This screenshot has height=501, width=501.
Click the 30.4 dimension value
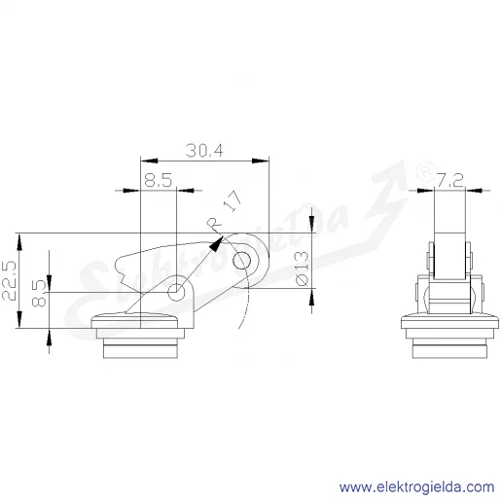coord(204,151)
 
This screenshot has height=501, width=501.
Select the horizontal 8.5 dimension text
coord(159,180)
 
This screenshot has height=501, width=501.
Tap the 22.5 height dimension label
coord(9,280)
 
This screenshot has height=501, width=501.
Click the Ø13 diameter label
coord(303,268)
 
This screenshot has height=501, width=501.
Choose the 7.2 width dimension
coord(450,180)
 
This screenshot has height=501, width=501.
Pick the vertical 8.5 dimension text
coord(39,293)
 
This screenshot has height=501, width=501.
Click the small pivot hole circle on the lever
coord(176,293)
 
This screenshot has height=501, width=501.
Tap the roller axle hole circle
coord(241,261)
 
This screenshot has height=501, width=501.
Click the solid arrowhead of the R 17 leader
coord(217,243)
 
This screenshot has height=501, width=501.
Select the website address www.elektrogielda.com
coord(416,487)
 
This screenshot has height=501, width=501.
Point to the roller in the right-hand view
coord(449,256)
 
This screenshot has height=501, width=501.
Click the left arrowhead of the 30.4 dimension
coord(149,161)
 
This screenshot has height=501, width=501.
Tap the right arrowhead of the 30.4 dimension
coord(261,161)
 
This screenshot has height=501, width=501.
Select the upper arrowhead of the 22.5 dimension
coord(19,242)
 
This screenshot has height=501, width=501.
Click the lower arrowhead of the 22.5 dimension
coord(19,319)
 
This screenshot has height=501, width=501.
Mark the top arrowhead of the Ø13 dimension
coord(311,225)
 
